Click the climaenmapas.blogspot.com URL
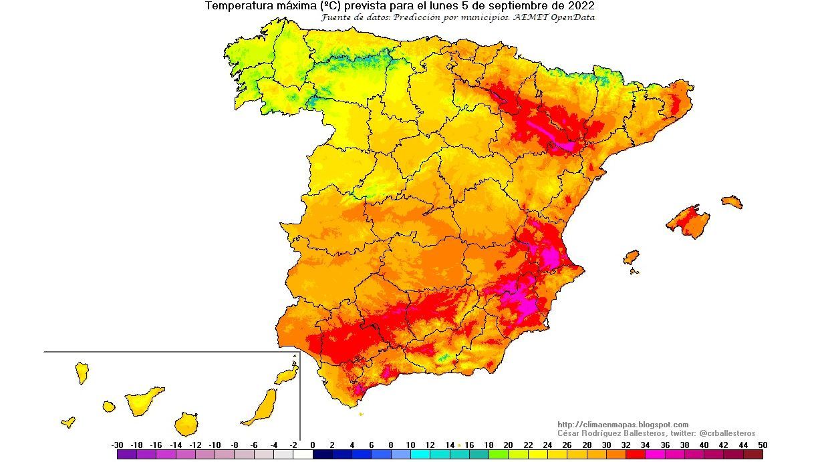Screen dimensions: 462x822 pyautogui.click(x=623, y=425)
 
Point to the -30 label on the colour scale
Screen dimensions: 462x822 pyautogui.click(x=117, y=445)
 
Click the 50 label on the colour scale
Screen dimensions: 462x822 pyautogui.click(x=763, y=445)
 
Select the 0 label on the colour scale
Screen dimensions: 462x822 pyautogui.click(x=313, y=445)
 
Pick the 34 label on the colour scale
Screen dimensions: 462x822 pyautogui.click(x=645, y=445)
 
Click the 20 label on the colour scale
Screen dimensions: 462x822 pyautogui.click(x=508, y=445)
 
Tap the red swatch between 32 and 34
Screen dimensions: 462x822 pyautogui.click(x=635, y=455)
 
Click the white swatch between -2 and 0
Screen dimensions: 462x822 pyautogui.click(x=303, y=455)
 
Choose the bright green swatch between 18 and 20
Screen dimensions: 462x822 pyautogui.click(x=498, y=455)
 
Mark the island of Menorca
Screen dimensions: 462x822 pyautogui.click(x=732, y=202)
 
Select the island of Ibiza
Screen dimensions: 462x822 pyautogui.click(x=631, y=257)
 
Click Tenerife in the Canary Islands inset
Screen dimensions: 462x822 pyautogui.click(x=143, y=399)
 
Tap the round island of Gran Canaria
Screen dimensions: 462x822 pyautogui.click(x=186, y=423)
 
